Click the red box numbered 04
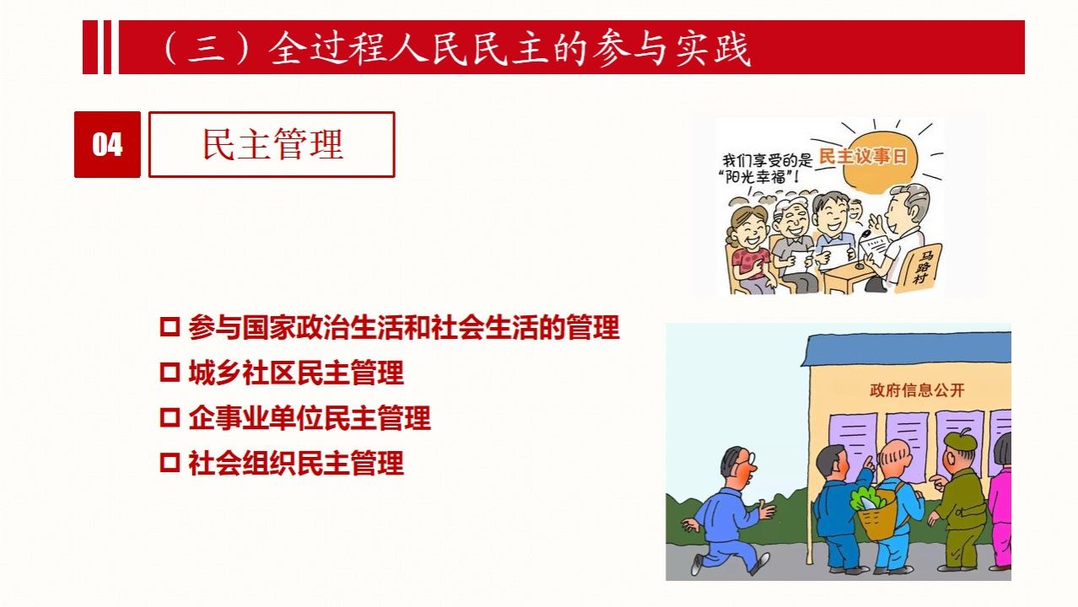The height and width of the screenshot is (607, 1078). [x=107, y=144]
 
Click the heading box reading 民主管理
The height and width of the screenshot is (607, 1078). [x=272, y=144]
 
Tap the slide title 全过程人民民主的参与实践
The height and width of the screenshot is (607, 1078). [x=509, y=48]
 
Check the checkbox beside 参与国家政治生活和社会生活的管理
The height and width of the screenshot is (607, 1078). [x=170, y=327]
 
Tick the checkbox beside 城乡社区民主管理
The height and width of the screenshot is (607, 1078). [x=170, y=373]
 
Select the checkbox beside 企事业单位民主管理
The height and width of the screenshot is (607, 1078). [x=170, y=417]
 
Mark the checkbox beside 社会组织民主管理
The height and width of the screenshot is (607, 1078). [x=170, y=463]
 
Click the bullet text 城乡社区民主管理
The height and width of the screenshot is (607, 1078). [x=296, y=373]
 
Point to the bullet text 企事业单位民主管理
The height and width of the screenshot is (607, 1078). [x=310, y=417]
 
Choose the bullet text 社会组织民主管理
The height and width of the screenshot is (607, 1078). [x=296, y=463]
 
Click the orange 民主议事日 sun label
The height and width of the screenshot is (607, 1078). [x=862, y=156]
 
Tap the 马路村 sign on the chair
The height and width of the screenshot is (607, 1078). [x=922, y=267]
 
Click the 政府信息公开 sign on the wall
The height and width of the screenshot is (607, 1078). [x=917, y=390]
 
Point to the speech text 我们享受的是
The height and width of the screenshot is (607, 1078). [x=767, y=159]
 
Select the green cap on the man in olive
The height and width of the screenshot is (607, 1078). [x=960, y=438]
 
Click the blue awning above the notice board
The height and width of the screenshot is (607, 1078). [x=907, y=349]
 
